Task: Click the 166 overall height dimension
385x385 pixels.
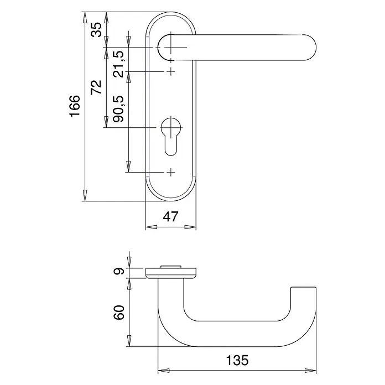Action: point(75,106)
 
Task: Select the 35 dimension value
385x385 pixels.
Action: point(96,30)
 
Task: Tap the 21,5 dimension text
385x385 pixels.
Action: point(118,64)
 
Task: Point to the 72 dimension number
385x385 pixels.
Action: point(96,87)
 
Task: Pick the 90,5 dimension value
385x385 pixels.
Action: point(118,109)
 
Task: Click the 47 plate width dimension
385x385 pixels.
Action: point(170,217)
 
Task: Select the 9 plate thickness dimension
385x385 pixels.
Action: point(119,272)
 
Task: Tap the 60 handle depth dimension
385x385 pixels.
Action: point(119,313)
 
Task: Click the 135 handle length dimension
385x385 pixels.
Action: point(237,360)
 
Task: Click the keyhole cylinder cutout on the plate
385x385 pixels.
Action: point(171,136)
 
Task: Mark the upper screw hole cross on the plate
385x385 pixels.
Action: point(171,71)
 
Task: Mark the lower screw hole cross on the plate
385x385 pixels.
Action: point(171,172)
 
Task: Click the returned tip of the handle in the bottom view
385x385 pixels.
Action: point(303,288)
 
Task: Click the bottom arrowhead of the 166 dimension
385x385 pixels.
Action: point(85,195)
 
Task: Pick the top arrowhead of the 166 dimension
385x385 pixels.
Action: point(85,18)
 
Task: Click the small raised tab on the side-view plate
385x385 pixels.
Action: point(171,267)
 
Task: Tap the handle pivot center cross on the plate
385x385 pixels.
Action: point(171,48)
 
